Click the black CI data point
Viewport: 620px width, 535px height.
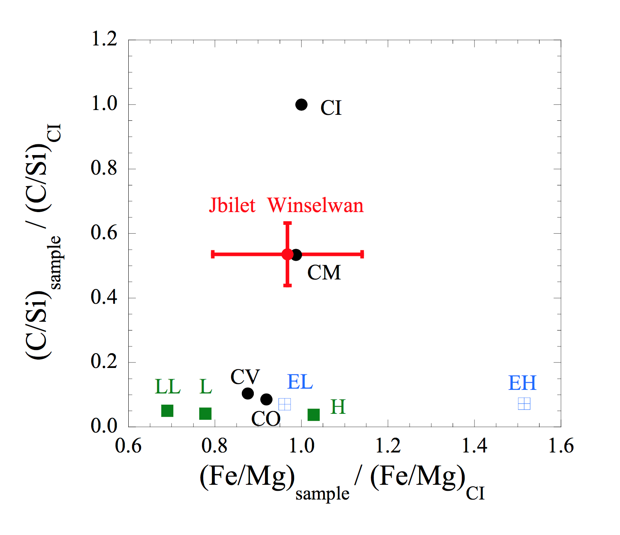(x=301, y=105)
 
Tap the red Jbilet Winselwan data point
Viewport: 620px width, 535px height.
(x=287, y=254)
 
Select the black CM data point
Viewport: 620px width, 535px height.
(x=296, y=255)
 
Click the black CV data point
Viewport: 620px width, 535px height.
(x=248, y=393)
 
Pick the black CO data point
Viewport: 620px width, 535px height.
(x=267, y=399)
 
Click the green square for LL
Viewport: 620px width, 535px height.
(x=167, y=411)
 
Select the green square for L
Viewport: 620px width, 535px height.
(x=205, y=413)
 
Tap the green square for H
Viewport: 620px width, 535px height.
(x=314, y=415)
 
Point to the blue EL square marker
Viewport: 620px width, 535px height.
(x=284, y=404)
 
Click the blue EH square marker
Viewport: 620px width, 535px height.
(x=524, y=404)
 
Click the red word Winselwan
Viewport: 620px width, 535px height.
(x=315, y=205)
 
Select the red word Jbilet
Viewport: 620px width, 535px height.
(x=232, y=205)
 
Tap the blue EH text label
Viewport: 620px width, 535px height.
(x=522, y=383)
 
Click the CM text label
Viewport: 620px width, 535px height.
(x=324, y=273)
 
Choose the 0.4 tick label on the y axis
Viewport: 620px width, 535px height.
(x=104, y=297)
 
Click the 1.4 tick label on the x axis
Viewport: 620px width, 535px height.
(x=474, y=446)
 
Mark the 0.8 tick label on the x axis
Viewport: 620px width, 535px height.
(x=214, y=446)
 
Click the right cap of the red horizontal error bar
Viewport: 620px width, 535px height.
(x=362, y=254)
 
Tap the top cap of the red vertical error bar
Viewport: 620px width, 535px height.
(x=287, y=223)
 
